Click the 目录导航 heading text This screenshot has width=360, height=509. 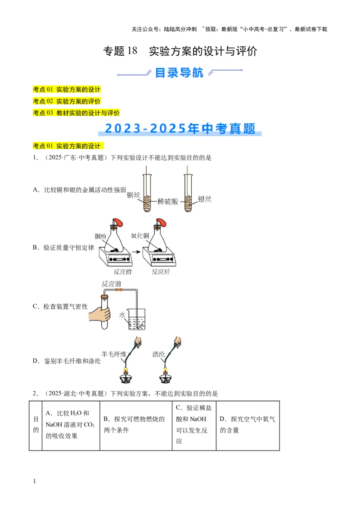click(179, 72)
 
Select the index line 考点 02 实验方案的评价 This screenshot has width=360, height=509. click(67, 101)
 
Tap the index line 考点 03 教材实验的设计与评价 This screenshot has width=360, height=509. click(76, 113)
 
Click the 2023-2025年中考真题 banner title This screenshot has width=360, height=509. click(180, 129)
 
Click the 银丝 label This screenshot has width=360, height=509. click(204, 199)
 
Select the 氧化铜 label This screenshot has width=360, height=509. click(139, 235)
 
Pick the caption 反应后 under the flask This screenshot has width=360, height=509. click(161, 272)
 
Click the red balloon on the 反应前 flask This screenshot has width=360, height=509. click(118, 223)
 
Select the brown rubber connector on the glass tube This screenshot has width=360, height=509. click(119, 290)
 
